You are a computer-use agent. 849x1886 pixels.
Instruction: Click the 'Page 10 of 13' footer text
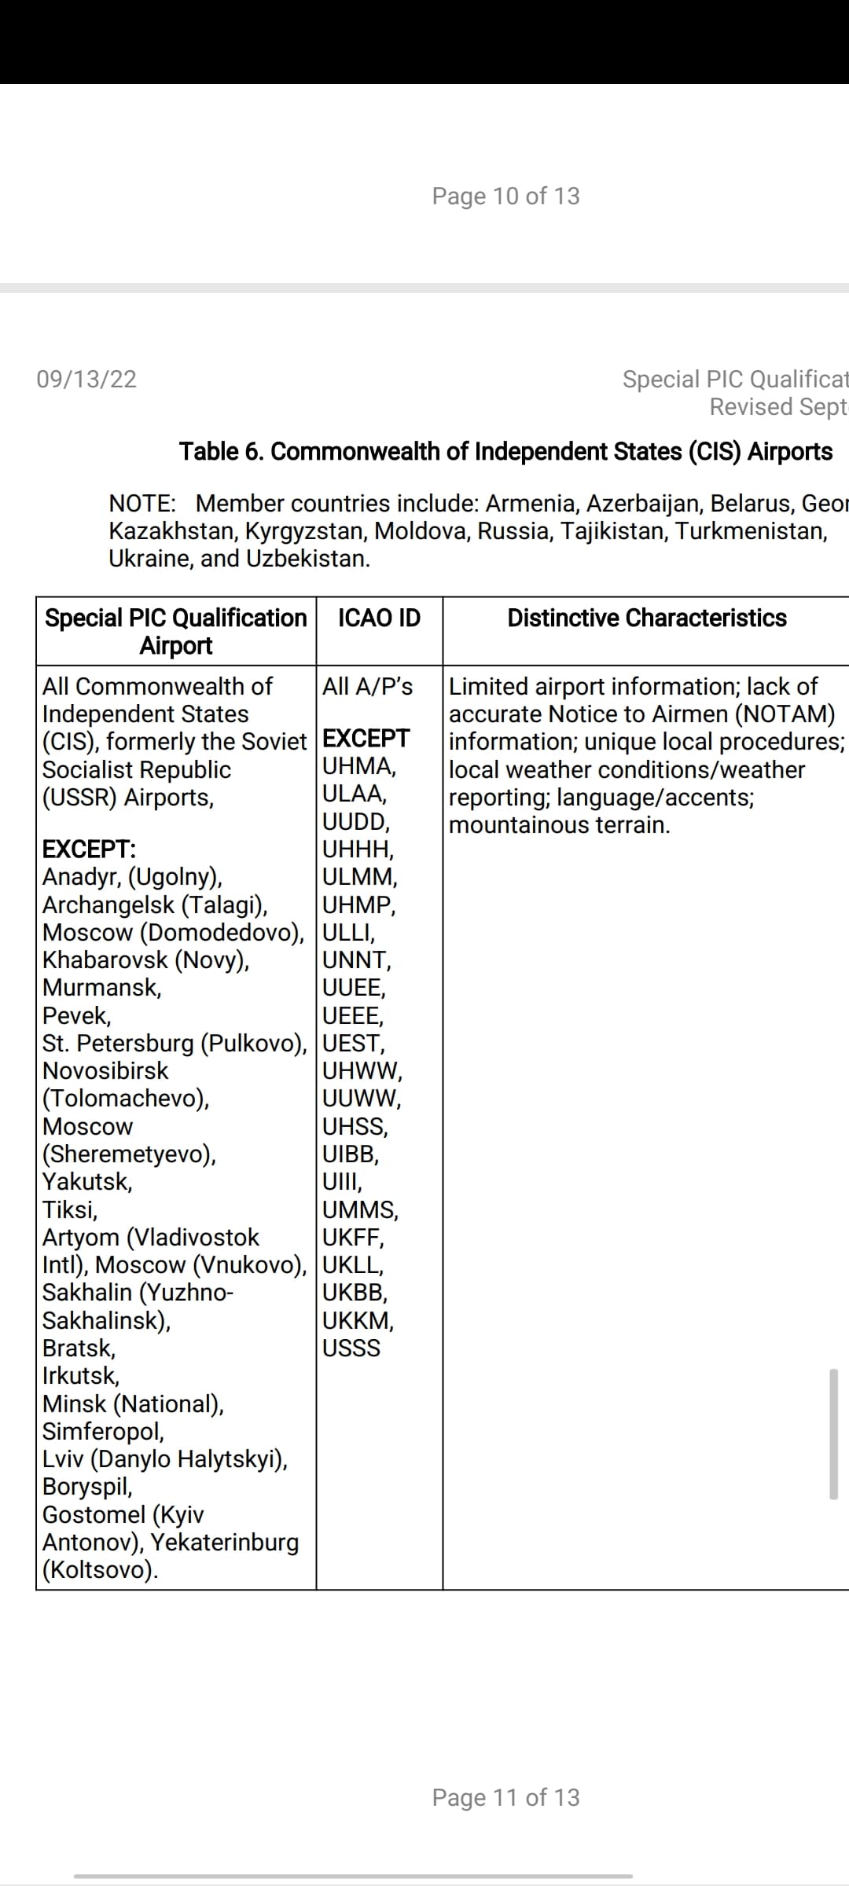point(505,196)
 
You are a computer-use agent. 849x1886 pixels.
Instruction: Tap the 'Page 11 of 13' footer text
point(505,1797)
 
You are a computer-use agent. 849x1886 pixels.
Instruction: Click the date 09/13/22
point(86,380)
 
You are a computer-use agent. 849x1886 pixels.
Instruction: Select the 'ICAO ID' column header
point(379,618)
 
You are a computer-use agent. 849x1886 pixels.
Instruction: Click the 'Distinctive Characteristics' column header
point(646,618)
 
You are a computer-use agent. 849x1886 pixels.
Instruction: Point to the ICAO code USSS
point(351,1348)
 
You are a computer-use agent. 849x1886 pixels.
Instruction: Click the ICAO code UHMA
point(358,766)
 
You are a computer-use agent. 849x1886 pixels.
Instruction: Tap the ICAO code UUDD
point(355,822)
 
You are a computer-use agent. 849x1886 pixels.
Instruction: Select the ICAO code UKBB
point(354,1293)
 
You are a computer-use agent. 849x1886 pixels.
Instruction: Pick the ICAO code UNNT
point(356,960)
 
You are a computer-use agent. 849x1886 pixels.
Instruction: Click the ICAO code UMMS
point(360,1210)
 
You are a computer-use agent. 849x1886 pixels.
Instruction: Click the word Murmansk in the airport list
point(101,988)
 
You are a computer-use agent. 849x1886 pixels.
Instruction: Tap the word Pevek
point(75,1016)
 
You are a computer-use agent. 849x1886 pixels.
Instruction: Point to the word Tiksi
point(69,1210)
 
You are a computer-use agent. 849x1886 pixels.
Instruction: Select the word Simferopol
point(102,1432)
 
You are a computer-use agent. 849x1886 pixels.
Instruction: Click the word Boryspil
point(86,1487)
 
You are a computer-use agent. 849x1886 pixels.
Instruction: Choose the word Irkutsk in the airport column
point(80,1376)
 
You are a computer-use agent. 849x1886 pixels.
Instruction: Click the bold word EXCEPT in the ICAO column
point(366,739)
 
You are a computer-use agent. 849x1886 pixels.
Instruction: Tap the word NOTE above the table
point(141,504)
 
